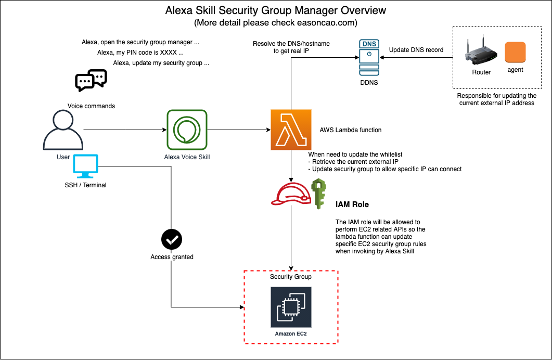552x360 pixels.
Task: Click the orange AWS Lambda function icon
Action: click(291, 130)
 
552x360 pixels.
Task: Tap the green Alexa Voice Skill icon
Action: click(187, 130)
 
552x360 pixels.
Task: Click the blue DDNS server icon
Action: click(369, 58)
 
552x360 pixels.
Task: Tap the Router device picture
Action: click(481, 52)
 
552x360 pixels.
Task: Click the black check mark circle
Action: click(172, 240)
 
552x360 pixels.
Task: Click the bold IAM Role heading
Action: click(352, 204)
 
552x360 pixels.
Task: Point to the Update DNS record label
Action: click(416, 50)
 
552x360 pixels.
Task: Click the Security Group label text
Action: click(291, 277)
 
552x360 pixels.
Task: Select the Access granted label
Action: click(172, 257)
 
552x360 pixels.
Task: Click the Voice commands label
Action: click(91, 106)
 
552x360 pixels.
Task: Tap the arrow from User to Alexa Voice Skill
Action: click(122, 130)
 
